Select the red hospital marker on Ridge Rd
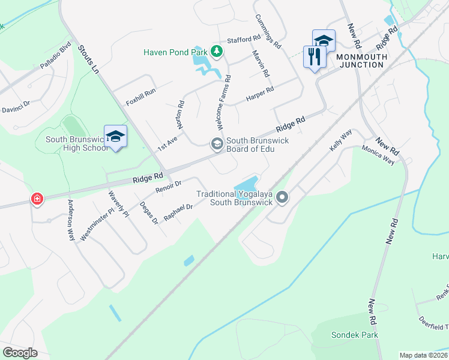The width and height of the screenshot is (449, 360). tap(37, 199)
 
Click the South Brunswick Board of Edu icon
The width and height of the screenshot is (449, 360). tap(215, 144)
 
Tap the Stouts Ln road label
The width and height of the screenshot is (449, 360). tap(88, 59)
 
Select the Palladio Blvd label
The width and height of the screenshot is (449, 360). tap(56, 55)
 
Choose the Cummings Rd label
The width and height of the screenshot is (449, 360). tap(268, 31)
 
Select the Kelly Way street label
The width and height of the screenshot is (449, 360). tap(340, 142)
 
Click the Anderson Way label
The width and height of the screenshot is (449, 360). tap(71, 220)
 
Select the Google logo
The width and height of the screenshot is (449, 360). tap(20, 352)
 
